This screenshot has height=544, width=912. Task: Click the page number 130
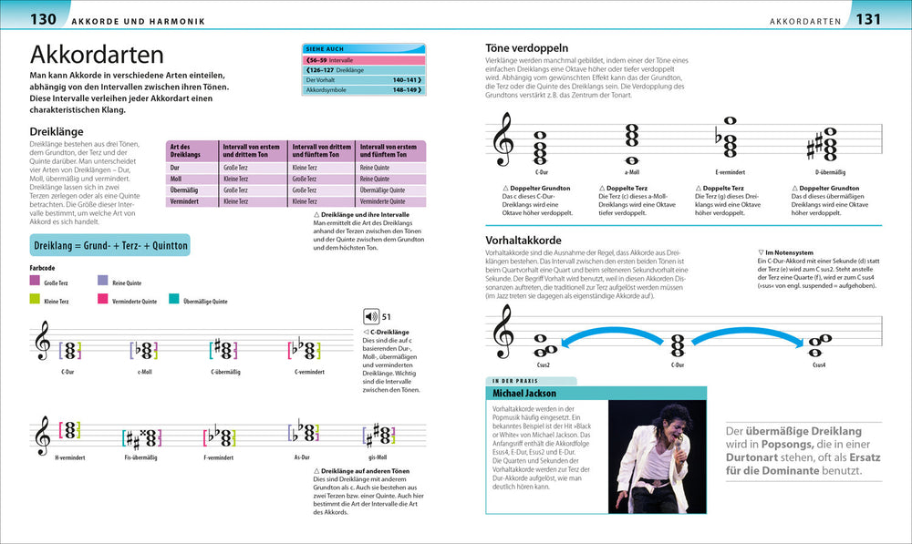click(44, 18)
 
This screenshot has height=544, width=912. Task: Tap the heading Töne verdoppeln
click(528, 47)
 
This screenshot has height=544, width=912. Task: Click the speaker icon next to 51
click(370, 316)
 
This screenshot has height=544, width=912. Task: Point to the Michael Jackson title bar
click(523, 393)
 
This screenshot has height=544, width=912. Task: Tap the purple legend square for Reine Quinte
click(103, 281)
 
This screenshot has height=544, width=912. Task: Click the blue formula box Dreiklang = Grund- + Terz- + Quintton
click(109, 245)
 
